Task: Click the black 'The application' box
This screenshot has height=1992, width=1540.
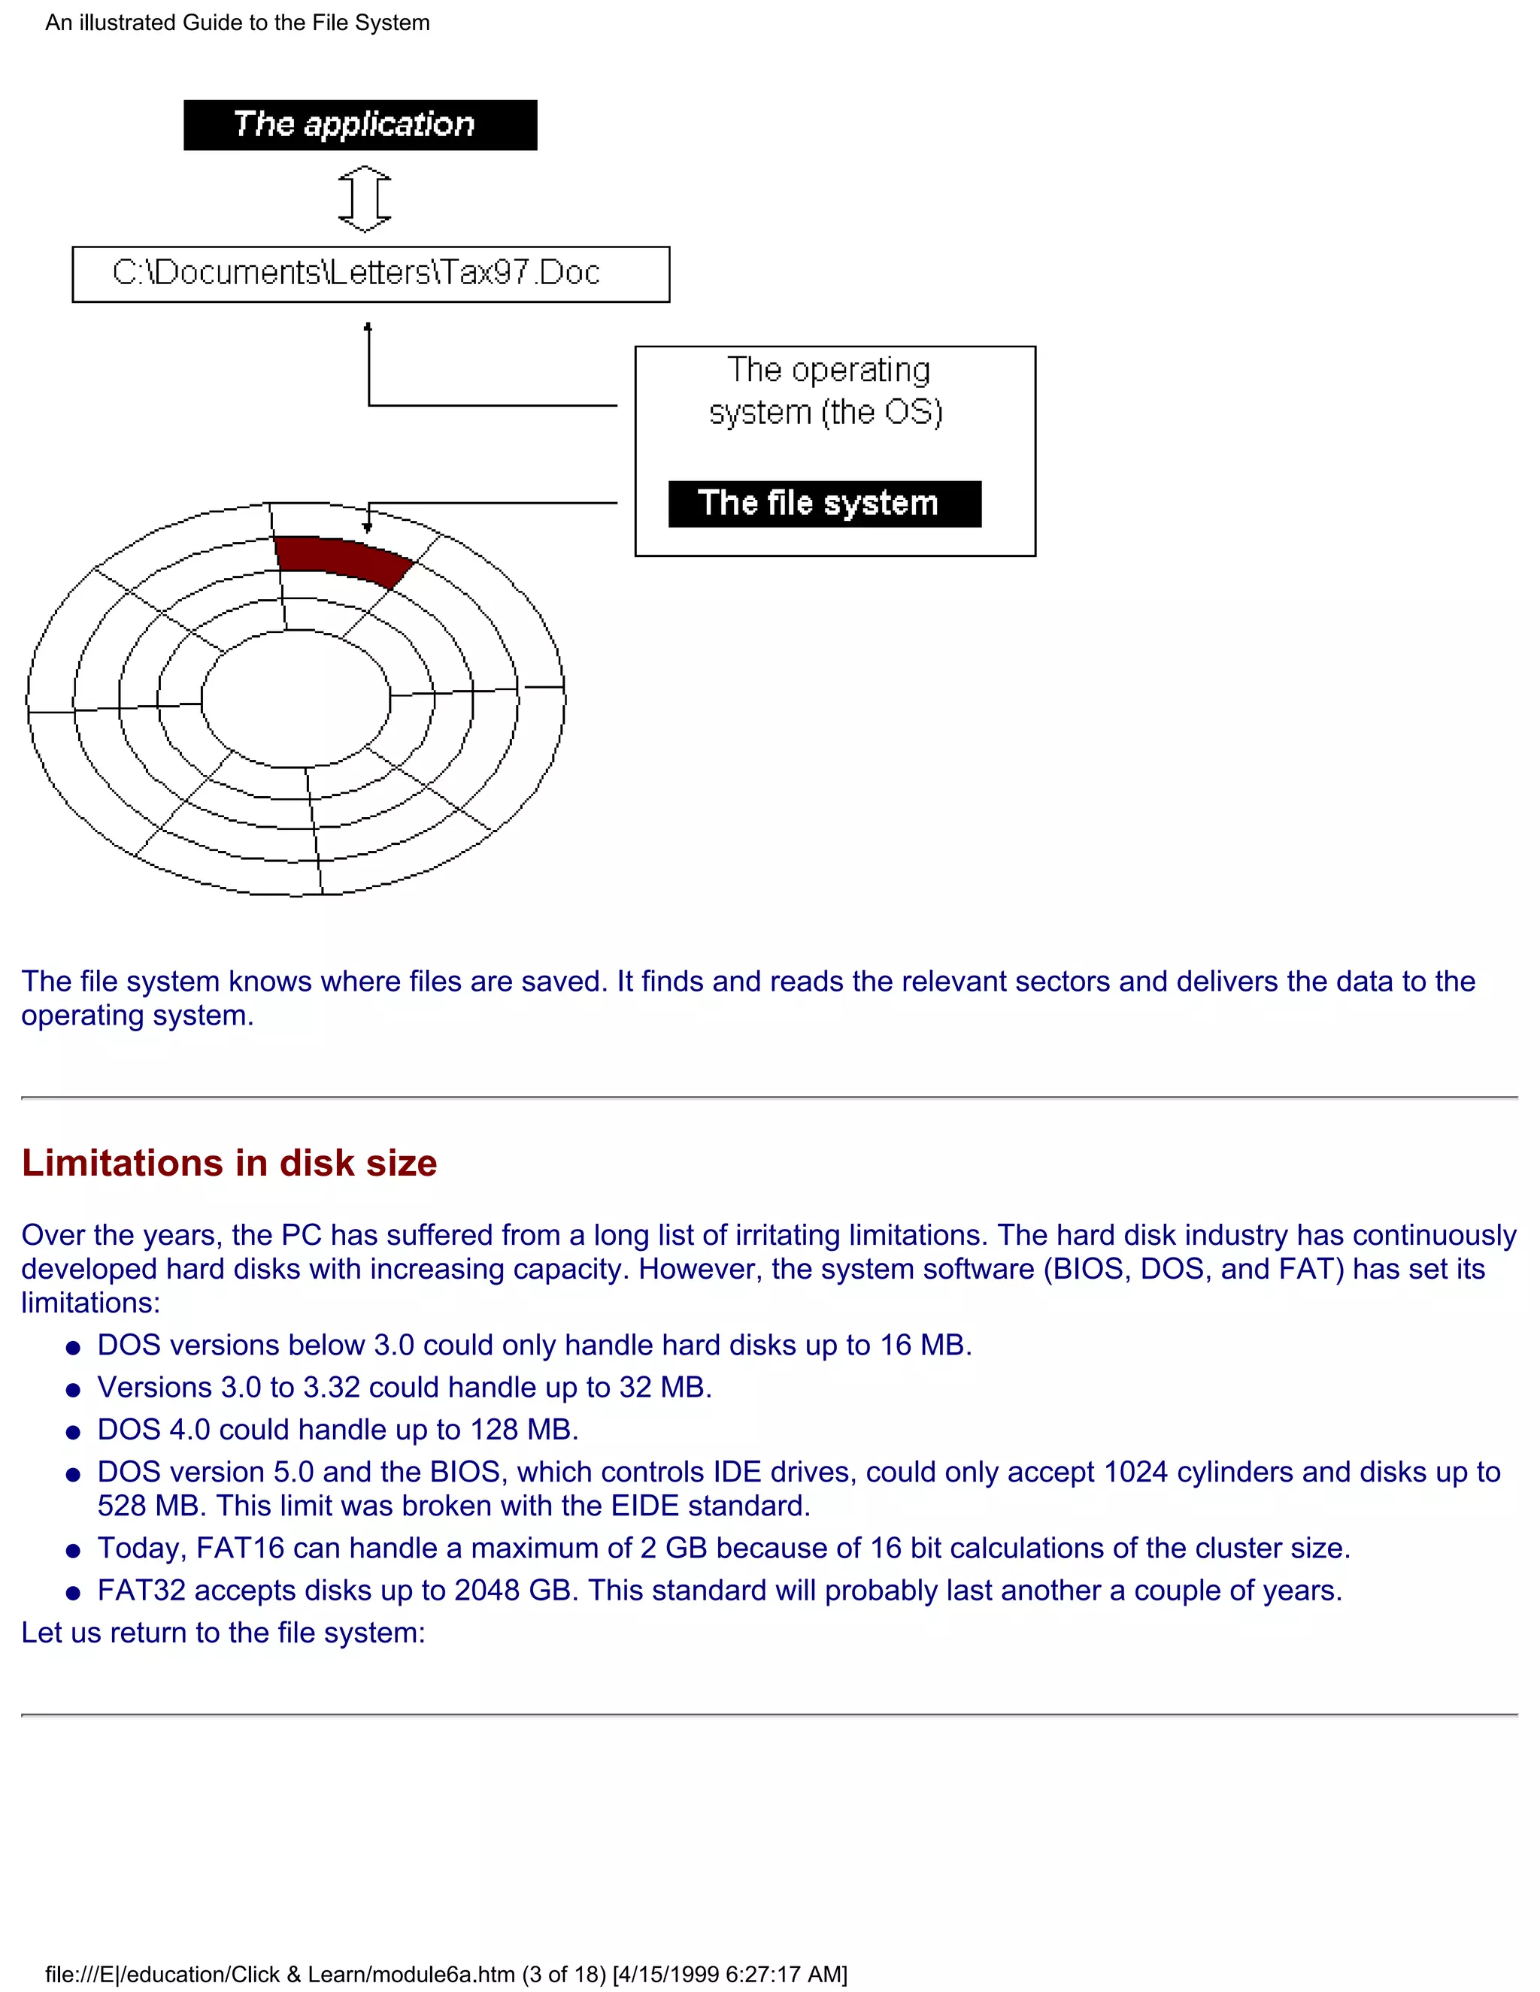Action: tap(359, 125)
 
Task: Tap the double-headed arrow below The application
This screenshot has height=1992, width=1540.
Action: tap(365, 198)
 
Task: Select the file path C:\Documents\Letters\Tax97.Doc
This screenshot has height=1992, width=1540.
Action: tap(356, 273)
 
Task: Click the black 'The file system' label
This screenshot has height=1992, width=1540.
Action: tap(824, 504)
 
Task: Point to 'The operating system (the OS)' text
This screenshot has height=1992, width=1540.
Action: tap(826, 390)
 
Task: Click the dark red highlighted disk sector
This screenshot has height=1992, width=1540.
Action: tap(343, 559)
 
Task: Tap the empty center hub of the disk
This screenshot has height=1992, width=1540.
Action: tap(295, 700)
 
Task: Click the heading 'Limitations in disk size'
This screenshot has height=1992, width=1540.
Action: tap(229, 1164)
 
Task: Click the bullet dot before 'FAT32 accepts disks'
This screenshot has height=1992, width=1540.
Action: tap(73, 1594)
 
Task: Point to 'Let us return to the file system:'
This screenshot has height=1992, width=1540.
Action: tap(223, 1633)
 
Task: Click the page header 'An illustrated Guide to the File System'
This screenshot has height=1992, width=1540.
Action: tap(237, 23)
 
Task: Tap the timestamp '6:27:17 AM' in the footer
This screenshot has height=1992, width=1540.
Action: tap(783, 1975)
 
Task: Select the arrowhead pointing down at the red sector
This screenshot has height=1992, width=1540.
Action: tap(368, 526)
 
